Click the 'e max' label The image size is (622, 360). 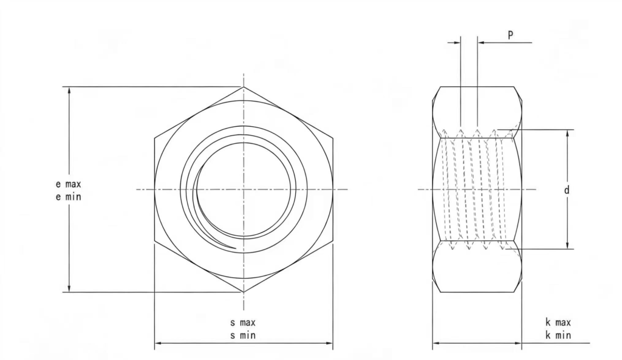point(68,184)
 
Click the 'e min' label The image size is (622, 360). point(68,197)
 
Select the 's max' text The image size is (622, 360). point(243,323)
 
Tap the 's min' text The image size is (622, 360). point(243,336)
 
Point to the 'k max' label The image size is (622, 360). point(558,322)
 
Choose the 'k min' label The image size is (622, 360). point(558,335)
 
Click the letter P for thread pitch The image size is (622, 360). point(510,35)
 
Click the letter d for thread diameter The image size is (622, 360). point(567,190)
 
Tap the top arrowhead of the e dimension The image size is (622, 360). point(69,90)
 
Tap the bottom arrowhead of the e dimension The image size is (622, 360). point(69,288)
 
